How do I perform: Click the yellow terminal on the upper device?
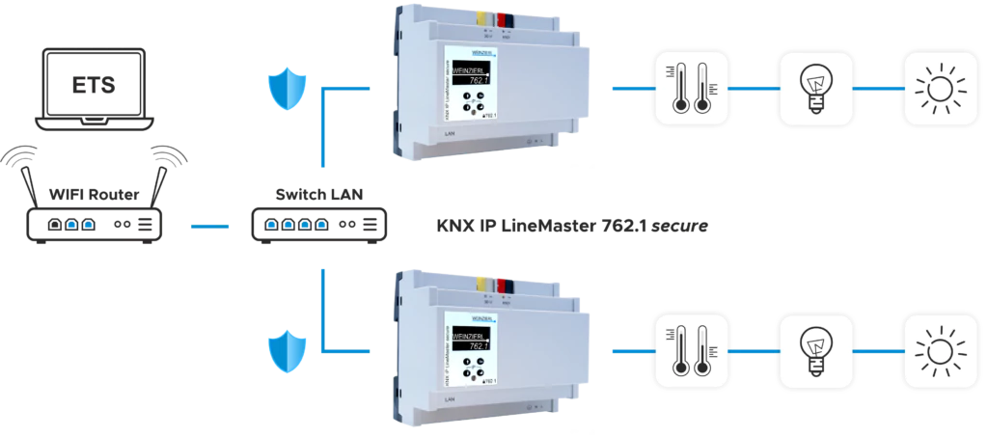pyautogui.click(x=480, y=15)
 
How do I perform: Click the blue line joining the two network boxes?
pyautogui.click(x=207, y=228)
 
